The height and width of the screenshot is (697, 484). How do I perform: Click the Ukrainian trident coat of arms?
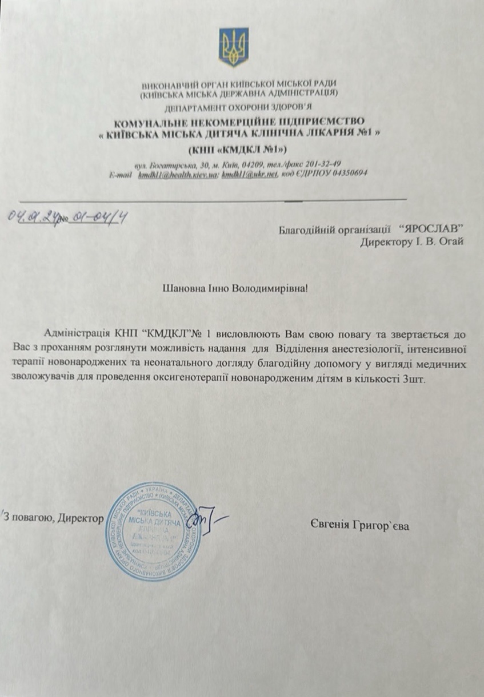pyautogui.click(x=233, y=47)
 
